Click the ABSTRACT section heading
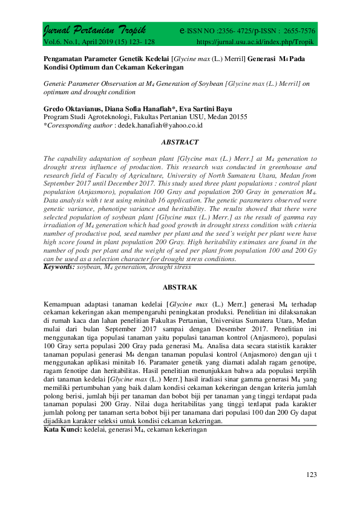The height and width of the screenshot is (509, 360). pos(180,142)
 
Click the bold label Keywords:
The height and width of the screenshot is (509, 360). pos(59,266)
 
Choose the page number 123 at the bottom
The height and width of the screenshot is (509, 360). pos(311,475)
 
